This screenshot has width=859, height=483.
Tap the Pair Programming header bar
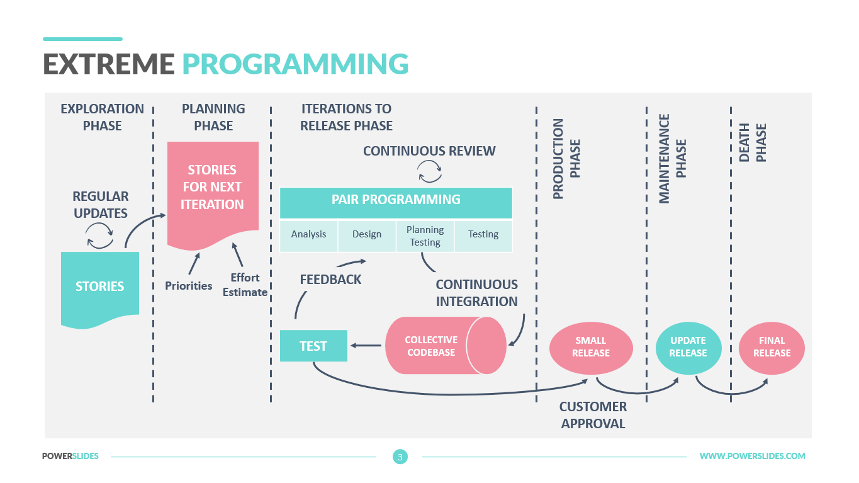point(396,201)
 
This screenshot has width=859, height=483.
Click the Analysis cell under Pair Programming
point(308,235)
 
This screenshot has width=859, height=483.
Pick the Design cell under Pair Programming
point(367,235)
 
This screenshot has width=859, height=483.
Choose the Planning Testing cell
point(425,236)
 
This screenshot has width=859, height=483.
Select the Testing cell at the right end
point(483,235)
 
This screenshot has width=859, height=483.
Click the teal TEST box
point(313,346)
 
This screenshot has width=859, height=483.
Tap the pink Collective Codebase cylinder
point(441,346)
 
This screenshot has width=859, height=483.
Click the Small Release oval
point(591,347)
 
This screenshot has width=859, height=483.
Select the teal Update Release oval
point(688,347)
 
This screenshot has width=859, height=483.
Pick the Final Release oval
point(772,347)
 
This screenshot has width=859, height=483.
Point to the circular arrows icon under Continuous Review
point(430,171)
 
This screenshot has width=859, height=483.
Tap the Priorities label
point(189,286)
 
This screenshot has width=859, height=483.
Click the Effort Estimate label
point(245,285)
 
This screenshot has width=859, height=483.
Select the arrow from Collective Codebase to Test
point(366,345)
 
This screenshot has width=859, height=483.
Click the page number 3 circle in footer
point(400,457)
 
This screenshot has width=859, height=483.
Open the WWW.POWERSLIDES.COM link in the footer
point(752,456)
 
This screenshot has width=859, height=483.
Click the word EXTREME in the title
point(109,64)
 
